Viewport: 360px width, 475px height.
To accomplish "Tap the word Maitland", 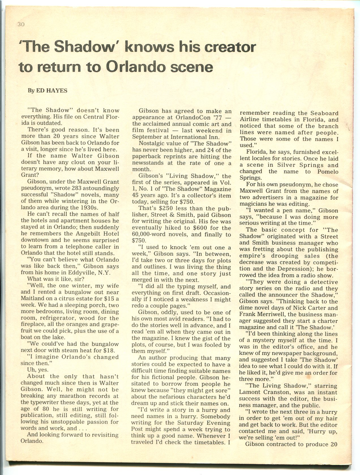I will pyautogui.click(x=32, y=299).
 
